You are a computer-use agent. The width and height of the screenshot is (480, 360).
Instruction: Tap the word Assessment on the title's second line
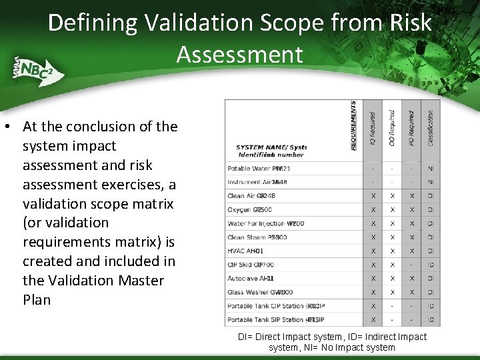click(239, 55)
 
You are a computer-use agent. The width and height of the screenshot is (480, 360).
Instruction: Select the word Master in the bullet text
click(141, 280)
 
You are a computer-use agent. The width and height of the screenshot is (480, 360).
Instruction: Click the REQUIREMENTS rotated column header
click(353, 126)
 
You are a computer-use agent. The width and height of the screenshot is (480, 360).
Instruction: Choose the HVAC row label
click(245, 251)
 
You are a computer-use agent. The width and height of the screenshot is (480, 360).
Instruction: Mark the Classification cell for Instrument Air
click(431, 183)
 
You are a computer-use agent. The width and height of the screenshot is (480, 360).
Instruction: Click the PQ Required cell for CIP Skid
click(412, 265)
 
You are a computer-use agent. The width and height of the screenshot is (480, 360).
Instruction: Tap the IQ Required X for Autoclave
click(373, 278)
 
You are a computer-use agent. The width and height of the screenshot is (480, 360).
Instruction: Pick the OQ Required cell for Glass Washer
click(393, 292)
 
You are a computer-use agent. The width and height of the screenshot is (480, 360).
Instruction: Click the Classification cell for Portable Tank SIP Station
click(431, 319)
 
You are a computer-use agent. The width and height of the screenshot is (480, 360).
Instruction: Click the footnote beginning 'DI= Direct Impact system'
click(332, 342)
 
